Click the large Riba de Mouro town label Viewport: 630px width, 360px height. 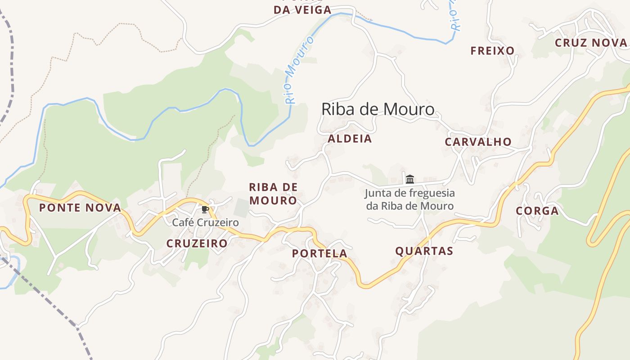(x=378, y=109)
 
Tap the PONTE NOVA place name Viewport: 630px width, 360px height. (x=80, y=208)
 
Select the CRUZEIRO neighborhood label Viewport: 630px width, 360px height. (x=197, y=243)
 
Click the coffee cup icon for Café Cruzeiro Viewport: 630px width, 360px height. (x=205, y=209)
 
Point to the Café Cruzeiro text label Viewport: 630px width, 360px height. (x=205, y=222)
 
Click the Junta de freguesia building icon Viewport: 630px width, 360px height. (x=409, y=179)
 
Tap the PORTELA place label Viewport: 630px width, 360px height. (x=319, y=253)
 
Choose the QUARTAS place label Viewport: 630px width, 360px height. (x=424, y=251)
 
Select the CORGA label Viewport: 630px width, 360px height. (x=537, y=211)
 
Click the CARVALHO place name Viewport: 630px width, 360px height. (x=478, y=142)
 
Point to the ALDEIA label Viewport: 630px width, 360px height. (x=350, y=139)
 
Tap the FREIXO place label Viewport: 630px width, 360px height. (x=492, y=51)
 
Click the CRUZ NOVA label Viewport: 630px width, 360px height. (x=590, y=43)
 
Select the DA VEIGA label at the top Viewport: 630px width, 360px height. (x=302, y=9)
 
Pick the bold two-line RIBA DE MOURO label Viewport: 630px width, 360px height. (x=273, y=193)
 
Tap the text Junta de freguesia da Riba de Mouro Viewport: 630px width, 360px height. (x=409, y=199)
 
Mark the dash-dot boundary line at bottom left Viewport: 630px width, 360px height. (x=54, y=306)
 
